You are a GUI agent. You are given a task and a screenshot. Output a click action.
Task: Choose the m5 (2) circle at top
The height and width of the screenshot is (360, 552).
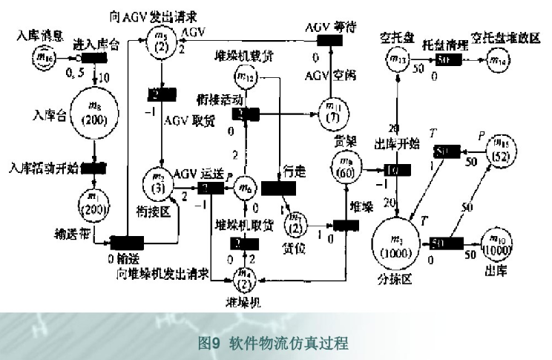pyautogui.click(x=160, y=38)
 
